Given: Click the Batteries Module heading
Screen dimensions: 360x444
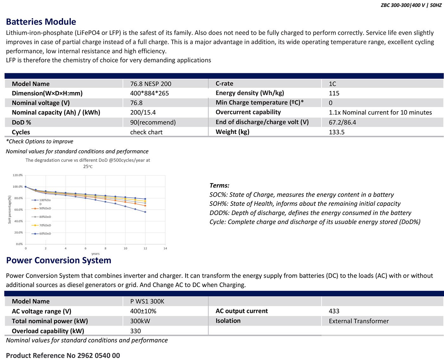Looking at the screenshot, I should click(x=41, y=22).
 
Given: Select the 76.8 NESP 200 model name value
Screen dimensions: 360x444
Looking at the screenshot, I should click(x=151, y=84).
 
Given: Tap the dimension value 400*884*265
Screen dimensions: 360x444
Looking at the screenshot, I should click(x=149, y=93).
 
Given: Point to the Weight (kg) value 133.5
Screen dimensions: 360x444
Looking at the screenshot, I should click(x=336, y=132).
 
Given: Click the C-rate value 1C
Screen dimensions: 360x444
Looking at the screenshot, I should click(x=332, y=84).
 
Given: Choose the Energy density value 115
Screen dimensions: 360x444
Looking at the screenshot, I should click(x=334, y=93).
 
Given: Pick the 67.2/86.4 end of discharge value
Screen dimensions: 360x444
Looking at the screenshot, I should click(x=342, y=122).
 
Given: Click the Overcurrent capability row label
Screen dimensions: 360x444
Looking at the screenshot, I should click(x=248, y=112).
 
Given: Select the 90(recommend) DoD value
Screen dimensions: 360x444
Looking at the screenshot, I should click(x=153, y=122).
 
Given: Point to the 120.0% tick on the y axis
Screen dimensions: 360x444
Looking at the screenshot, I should click(x=18, y=175).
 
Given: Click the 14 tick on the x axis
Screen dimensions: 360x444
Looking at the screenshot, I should click(x=165, y=248).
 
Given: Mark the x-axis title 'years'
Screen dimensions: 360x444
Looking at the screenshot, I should click(x=95, y=254).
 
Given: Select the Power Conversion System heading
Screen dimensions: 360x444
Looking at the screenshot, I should click(x=59, y=260).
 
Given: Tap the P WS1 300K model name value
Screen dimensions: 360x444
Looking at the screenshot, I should click(x=147, y=301).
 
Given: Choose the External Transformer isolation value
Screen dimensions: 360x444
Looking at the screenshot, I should click(x=359, y=321).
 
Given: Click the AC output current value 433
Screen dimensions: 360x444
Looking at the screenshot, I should click(x=334, y=311).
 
